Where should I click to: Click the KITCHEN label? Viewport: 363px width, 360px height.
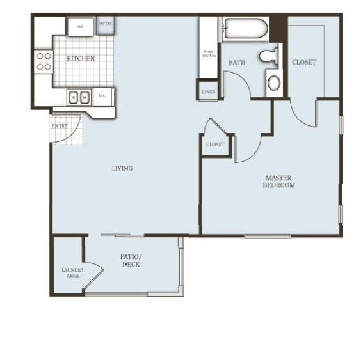81,59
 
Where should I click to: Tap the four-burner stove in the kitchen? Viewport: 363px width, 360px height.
44,61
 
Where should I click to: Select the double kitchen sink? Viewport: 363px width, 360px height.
80,97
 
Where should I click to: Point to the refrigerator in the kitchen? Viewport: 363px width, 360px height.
81,26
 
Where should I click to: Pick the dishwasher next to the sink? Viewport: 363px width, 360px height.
103,97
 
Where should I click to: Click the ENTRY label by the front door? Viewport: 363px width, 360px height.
60,126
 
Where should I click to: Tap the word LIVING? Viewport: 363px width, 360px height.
122,169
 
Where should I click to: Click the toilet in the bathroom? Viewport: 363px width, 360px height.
270,56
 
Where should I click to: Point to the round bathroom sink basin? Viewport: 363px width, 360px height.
273,82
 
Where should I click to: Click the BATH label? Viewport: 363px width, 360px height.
237,63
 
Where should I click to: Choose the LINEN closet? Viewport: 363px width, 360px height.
209,92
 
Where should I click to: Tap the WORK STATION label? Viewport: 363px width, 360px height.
209,53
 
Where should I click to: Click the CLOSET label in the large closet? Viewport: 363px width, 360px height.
303,62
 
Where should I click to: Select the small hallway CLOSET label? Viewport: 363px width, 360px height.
215,145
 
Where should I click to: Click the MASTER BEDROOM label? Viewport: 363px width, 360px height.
278,181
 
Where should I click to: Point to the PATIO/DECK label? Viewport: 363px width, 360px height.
131,260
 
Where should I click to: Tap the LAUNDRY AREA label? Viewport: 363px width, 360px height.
70,272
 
